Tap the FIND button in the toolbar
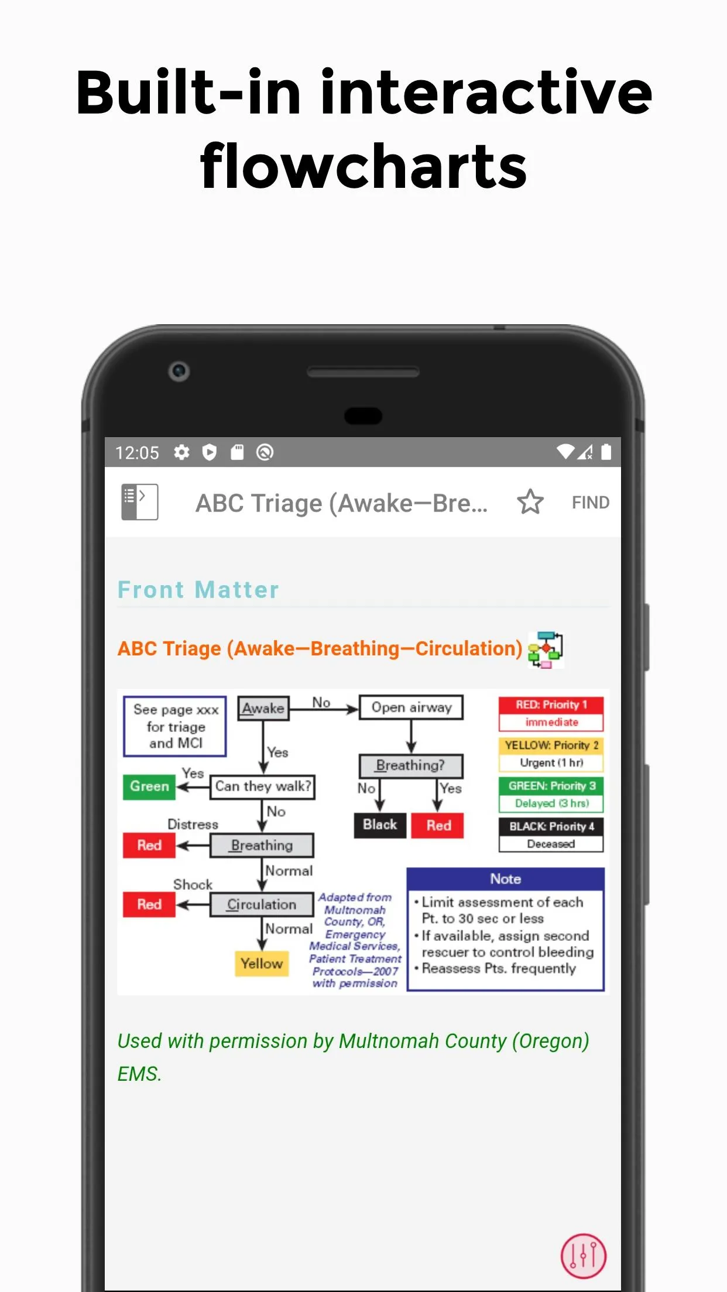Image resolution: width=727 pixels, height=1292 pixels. (x=590, y=503)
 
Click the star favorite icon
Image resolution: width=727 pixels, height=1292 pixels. (x=530, y=502)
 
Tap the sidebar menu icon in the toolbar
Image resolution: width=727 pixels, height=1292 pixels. (x=139, y=502)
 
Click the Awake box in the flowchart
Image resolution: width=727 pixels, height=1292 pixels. (x=263, y=709)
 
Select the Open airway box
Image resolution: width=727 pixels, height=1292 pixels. (x=411, y=707)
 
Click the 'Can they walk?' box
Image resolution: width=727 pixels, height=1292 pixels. (x=262, y=786)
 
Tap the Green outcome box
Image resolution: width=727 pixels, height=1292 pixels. (x=149, y=786)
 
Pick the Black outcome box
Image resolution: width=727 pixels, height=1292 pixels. (x=380, y=825)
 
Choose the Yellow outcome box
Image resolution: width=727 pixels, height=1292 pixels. (x=262, y=963)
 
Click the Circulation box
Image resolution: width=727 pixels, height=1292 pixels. (x=262, y=905)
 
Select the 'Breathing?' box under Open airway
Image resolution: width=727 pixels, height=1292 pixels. (x=411, y=765)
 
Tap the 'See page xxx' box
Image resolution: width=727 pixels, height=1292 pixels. (x=175, y=726)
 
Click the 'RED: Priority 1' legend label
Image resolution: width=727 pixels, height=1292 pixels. (x=551, y=705)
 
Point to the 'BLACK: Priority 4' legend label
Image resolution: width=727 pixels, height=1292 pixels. (x=551, y=826)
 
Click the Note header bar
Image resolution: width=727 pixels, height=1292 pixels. (x=506, y=879)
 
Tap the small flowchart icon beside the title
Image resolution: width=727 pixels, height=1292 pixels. (x=546, y=650)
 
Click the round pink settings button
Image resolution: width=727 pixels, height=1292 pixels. (x=584, y=1256)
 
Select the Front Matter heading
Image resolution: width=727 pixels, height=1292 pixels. (x=198, y=590)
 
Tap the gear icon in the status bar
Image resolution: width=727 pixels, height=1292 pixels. (x=181, y=452)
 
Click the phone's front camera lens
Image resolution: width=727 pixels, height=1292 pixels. (x=179, y=371)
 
